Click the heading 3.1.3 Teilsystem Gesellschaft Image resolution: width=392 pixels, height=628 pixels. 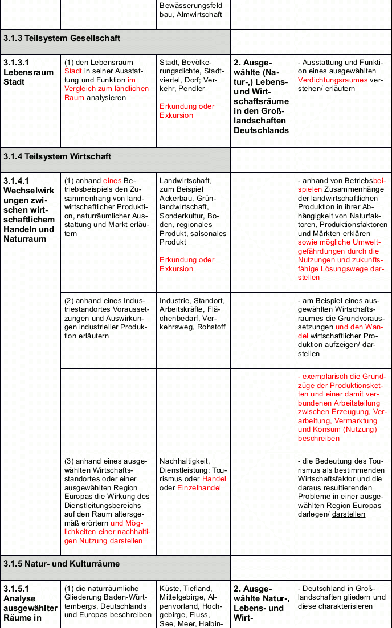click(x=62, y=38)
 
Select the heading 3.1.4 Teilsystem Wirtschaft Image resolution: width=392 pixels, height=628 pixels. click(x=57, y=156)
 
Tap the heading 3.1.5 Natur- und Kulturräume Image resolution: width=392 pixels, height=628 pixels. click(x=62, y=564)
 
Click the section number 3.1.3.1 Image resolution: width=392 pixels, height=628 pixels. click(x=16, y=63)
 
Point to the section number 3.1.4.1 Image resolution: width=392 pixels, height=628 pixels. click(x=16, y=181)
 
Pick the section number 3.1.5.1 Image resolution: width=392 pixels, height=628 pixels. click(x=16, y=589)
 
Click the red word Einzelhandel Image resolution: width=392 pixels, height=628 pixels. click(x=199, y=487)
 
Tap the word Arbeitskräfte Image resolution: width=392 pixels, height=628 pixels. click(x=182, y=309)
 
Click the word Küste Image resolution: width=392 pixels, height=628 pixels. click(x=170, y=589)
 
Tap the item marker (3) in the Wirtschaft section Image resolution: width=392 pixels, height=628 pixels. click(x=70, y=461)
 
